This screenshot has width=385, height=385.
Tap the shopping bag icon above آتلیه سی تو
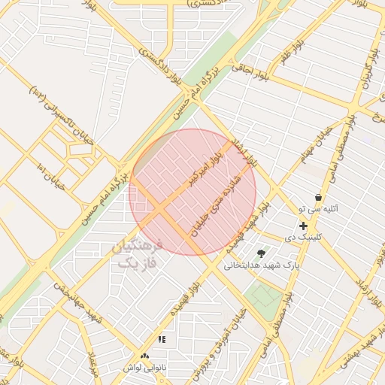[x=318, y=197]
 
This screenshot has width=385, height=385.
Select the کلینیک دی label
[x=304, y=236]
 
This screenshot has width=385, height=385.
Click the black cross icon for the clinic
[x=303, y=226]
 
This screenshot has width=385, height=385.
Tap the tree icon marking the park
[x=261, y=253]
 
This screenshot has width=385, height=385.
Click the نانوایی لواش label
[x=144, y=368]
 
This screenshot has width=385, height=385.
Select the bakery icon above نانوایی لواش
[x=144, y=356]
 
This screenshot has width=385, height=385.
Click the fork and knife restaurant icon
[x=162, y=340]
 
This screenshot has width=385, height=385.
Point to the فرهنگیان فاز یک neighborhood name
[x=137, y=254]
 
